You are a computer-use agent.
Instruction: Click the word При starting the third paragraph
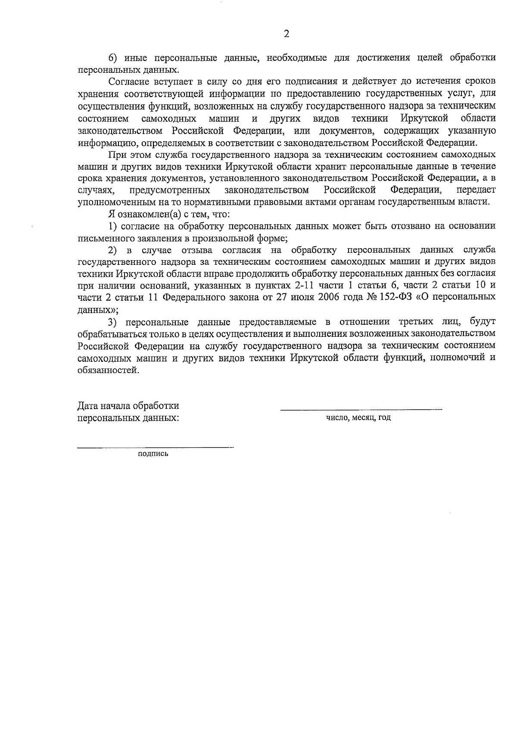tap(117, 154)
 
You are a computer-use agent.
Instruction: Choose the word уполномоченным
tap(114, 202)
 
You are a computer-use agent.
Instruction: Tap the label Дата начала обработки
tap(128, 406)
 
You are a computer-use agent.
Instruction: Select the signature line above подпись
tap(155, 448)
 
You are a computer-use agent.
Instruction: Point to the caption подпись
tap(153, 454)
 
